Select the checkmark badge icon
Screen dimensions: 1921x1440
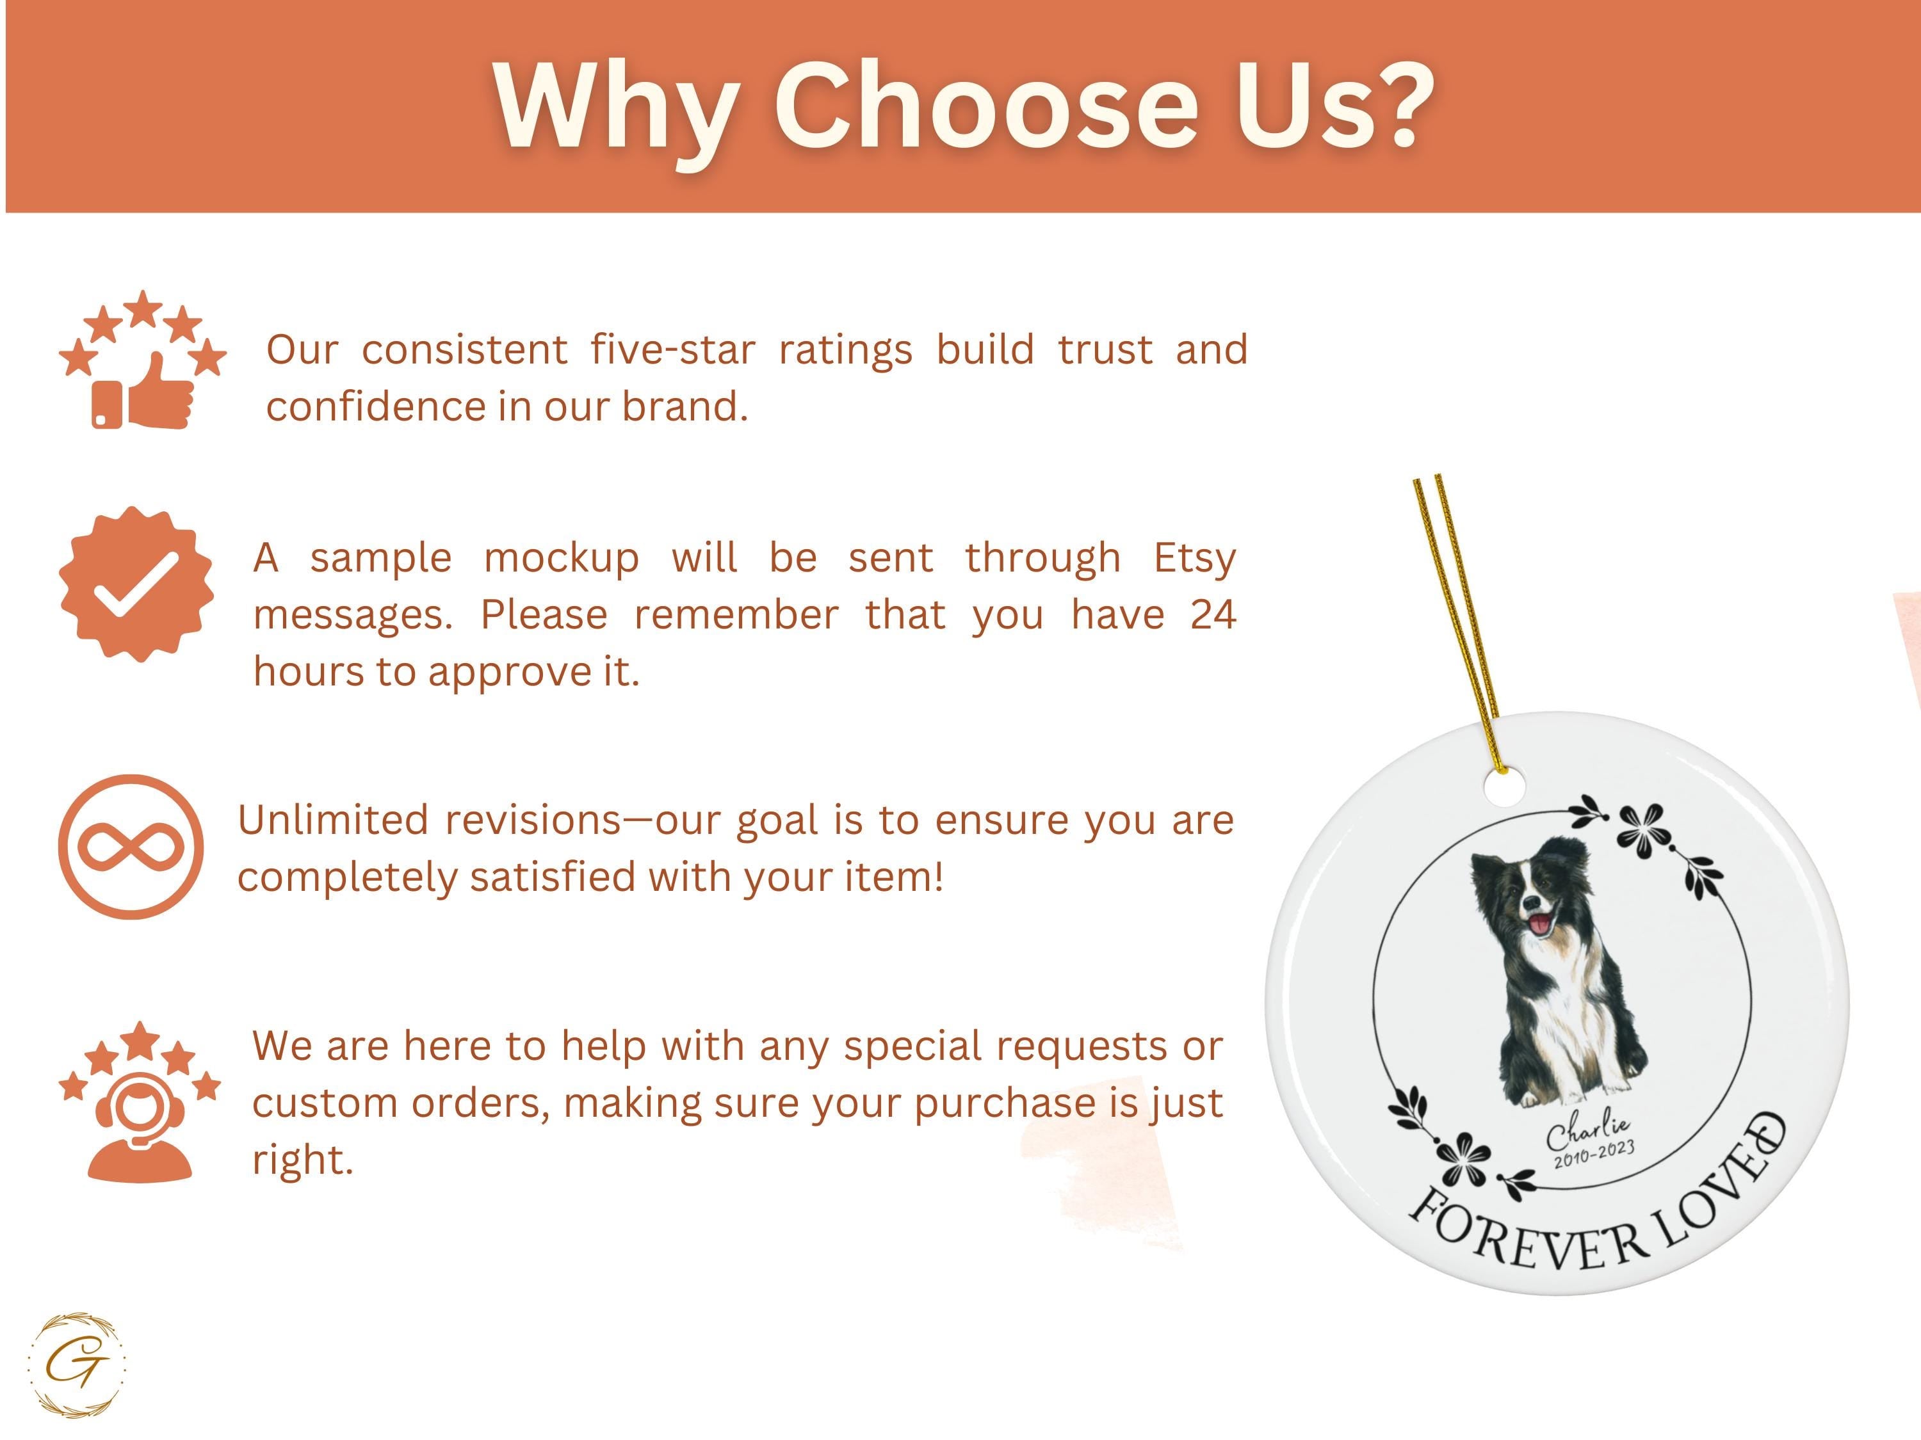point(136,585)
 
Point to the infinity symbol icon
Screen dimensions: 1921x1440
point(131,847)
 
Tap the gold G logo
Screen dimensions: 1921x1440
point(76,1364)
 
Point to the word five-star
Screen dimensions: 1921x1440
point(673,350)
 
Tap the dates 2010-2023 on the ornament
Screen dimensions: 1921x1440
point(1594,1155)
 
